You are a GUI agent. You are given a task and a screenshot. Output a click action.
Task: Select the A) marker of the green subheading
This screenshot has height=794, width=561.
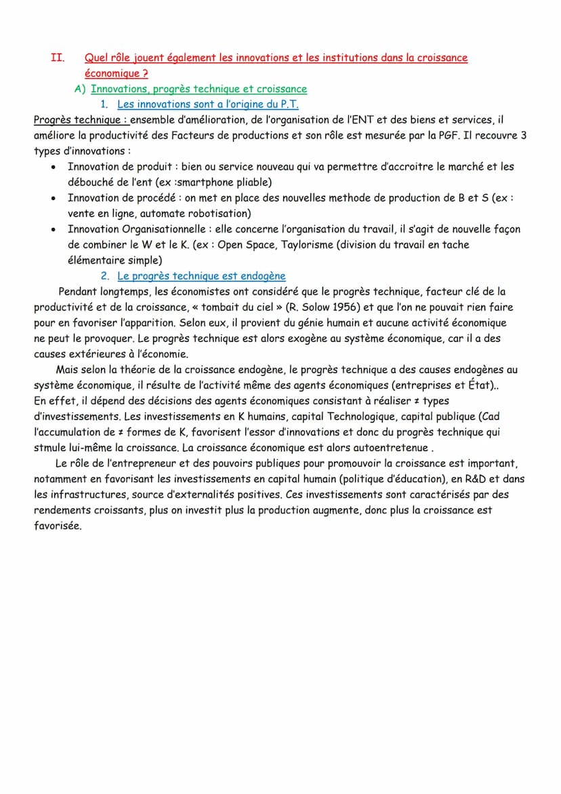tap(79, 89)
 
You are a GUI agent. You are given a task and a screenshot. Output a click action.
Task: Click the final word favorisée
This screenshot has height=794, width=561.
tap(58, 525)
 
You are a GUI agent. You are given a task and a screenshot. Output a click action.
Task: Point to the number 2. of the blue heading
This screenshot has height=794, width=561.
tap(105, 276)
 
